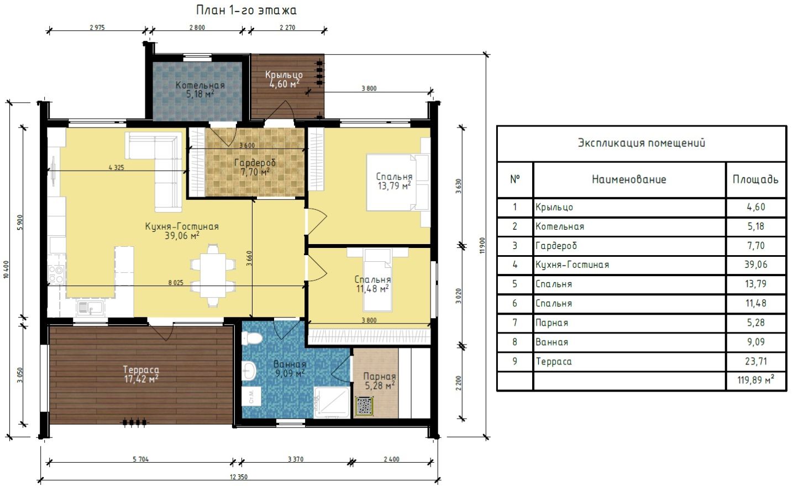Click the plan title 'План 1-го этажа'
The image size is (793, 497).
[x=246, y=10]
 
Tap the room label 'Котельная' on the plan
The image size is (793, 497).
[x=200, y=85]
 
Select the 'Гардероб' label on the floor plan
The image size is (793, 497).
[x=255, y=163]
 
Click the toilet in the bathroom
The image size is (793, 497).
[x=251, y=338]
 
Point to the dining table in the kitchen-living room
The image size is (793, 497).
[x=213, y=275]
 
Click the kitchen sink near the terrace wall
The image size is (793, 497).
[x=90, y=308]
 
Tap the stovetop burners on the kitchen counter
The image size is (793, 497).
[x=56, y=274]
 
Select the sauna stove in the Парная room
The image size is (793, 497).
[x=364, y=405]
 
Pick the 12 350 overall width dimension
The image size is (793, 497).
[x=239, y=477]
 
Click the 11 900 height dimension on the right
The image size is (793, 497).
[x=483, y=246]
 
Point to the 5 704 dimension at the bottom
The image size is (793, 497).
[x=140, y=459]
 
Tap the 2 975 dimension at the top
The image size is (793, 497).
[x=97, y=28]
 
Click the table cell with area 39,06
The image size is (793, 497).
[x=756, y=265]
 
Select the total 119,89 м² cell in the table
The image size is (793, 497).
[x=756, y=380]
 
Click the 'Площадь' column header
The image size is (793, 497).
[x=755, y=179]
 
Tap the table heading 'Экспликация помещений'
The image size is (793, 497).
[x=642, y=143]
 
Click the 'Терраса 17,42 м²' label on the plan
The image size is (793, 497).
[x=141, y=374]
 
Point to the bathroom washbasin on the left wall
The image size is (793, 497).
[x=249, y=371]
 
